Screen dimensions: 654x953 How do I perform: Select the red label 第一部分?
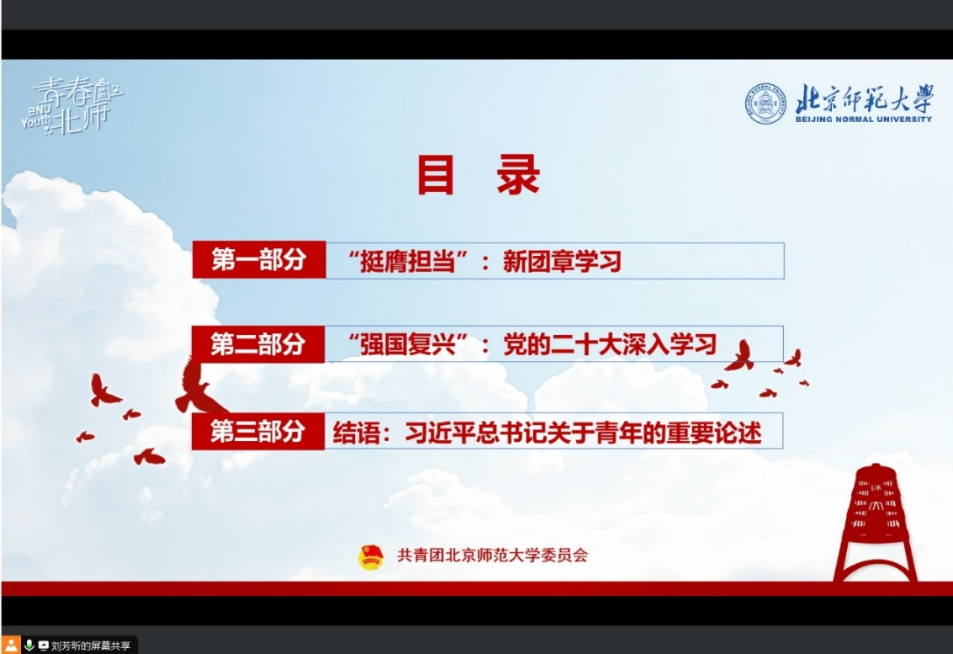(258, 260)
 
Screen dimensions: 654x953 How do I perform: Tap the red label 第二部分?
(257, 343)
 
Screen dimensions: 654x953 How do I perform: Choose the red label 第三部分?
(257, 432)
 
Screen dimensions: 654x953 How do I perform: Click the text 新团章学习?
(561, 261)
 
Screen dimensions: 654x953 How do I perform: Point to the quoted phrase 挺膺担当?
(408, 261)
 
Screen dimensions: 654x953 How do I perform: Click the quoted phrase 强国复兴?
(408, 344)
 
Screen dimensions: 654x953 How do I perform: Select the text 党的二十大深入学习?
(610, 344)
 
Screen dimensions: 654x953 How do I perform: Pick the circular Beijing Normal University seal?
(765, 104)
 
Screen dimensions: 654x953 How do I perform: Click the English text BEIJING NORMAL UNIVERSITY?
(863, 120)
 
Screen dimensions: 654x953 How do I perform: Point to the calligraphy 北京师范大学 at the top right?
(863, 99)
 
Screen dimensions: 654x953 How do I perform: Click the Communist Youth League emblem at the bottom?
(371, 556)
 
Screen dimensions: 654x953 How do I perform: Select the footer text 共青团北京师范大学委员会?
(492, 556)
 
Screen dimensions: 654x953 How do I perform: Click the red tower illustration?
(876, 522)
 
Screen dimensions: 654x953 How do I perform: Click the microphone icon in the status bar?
(29, 646)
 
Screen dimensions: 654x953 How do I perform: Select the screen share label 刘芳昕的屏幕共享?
(90, 646)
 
